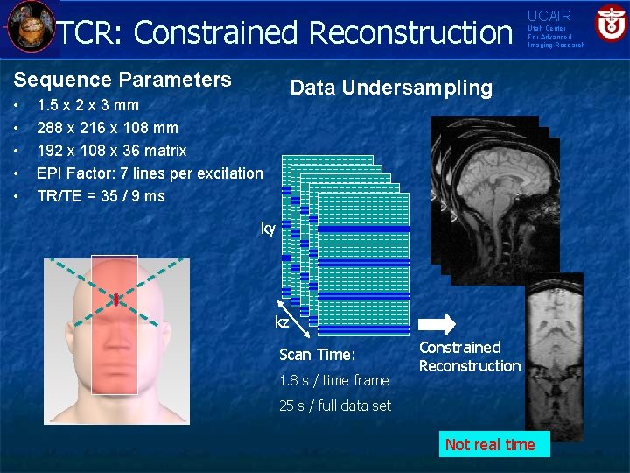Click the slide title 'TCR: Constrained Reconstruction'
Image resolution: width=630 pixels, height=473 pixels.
pos(284,32)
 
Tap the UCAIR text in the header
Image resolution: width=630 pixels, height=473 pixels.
pos(549,16)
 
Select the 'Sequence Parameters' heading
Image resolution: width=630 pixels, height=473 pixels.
pos(122,80)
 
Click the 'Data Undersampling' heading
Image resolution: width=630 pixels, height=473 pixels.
pos(391,88)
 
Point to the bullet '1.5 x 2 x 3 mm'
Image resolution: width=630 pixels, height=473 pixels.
pos(87,105)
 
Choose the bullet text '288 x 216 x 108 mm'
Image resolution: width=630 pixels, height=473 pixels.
pos(107,128)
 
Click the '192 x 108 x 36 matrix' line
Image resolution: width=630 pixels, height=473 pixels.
pos(111,151)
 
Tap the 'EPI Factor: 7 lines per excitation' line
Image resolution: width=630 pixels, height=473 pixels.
pos(149,173)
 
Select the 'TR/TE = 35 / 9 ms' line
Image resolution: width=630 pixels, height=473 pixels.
pos(101,196)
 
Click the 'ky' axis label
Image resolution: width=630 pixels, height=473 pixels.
pos(268,229)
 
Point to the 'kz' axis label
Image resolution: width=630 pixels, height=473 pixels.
pos(282,322)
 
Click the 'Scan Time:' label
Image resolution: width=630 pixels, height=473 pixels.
pos(317,355)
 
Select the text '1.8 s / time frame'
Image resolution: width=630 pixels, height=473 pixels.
pos(333,380)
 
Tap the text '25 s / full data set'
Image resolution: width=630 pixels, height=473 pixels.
pos(335,406)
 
